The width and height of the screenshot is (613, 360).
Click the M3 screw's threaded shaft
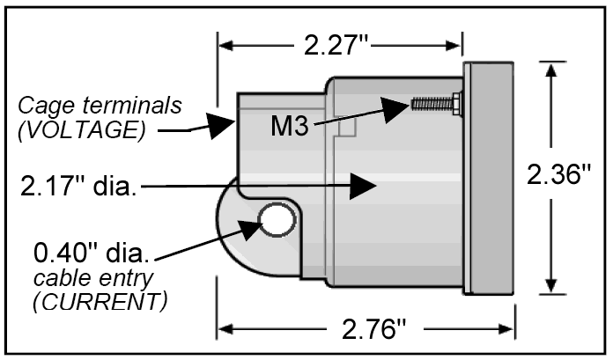click(431, 104)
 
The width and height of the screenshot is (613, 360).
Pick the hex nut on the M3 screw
click(456, 104)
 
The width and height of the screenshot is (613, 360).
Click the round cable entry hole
click(276, 220)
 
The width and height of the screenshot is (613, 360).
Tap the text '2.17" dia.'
click(77, 187)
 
